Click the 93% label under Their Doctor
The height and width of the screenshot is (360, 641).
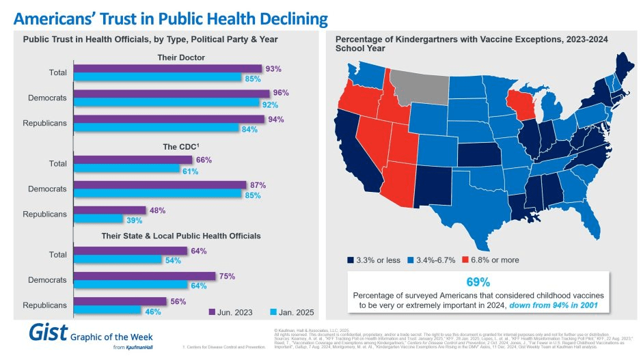[x=273, y=68]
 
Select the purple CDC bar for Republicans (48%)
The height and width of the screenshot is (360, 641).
[x=109, y=210]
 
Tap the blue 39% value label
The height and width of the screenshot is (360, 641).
[x=133, y=219]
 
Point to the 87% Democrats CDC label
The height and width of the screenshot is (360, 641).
[x=257, y=185]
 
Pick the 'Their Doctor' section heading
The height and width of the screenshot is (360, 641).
[x=181, y=57]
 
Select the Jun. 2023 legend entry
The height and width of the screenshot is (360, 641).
[x=230, y=312]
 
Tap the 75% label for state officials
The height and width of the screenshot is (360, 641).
[x=227, y=276]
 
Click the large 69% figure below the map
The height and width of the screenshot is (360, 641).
[x=478, y=282]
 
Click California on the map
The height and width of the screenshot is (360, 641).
[x=355, y=150]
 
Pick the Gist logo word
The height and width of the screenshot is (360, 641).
[x=48, y=333]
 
